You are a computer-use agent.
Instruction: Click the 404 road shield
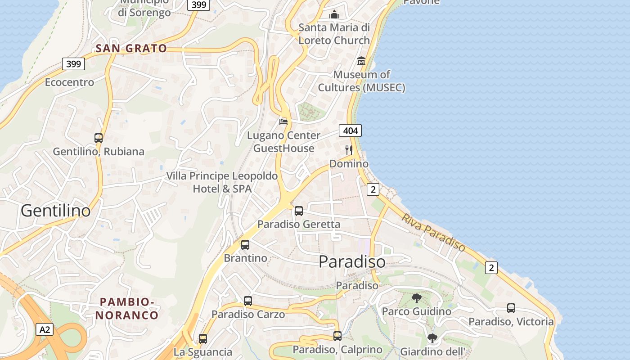(350, 131)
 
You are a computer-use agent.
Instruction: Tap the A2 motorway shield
(45, 329)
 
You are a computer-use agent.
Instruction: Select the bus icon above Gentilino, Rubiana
(99, 138)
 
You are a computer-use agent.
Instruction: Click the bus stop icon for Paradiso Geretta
(298, 211)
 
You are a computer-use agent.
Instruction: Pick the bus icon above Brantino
(245, 245)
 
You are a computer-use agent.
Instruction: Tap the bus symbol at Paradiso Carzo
(248, 301)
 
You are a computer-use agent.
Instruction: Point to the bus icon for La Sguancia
(203, 339)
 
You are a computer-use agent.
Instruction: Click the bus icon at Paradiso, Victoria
(511, 308)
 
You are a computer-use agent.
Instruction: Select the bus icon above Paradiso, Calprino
(337, 336)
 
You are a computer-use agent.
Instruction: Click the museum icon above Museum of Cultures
(361, 61)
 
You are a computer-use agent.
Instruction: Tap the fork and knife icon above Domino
(349, 150)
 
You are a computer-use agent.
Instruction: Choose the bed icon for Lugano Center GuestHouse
(283, 121)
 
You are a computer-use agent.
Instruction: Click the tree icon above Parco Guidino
(417, 298)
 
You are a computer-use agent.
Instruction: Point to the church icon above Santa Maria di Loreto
(334, 15)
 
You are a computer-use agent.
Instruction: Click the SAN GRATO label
(131, 49)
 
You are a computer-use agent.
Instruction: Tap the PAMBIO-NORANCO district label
(127, 308)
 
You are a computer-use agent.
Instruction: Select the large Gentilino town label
(56, 211)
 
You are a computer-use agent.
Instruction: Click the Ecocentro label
(69, 82)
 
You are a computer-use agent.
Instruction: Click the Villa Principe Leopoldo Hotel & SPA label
(222, 182)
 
